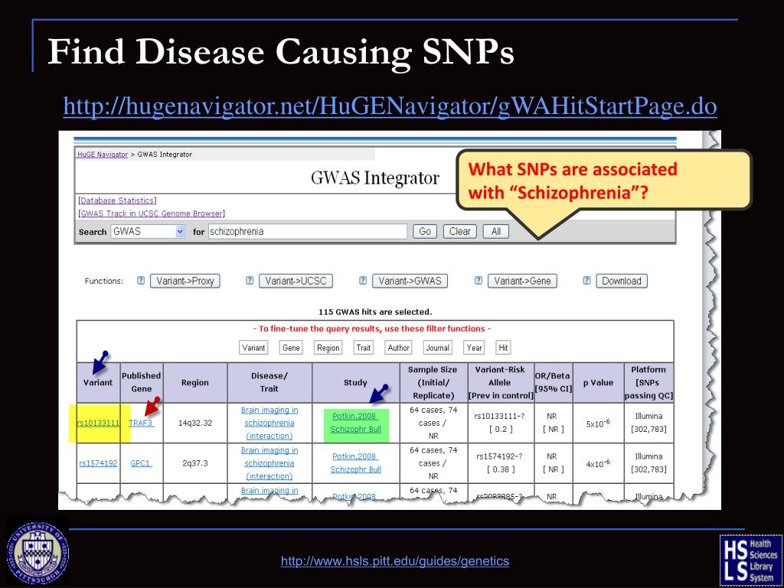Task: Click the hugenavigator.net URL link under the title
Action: click(390, 106)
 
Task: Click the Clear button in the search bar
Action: click(459, 231)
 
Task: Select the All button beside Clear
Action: click(495, 231)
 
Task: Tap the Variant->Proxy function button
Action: click(185, 281)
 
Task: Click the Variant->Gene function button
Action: click(522, 281)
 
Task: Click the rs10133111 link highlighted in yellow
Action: click(99, 423)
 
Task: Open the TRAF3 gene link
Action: click(141, 423)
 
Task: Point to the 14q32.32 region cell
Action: click(195, 423)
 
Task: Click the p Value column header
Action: click(597, 383)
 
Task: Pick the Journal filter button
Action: click(437, 348)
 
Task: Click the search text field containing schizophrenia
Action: click(307, 231)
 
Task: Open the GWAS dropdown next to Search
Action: click(148, 231)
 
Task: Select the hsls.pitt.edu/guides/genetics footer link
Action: click(394, 561)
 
